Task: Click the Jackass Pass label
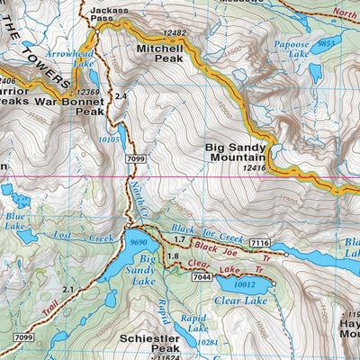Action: coord(110,12)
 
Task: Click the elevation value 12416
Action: coord(256,167)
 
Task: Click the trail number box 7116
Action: coord(260,243)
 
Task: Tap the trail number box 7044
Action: coord(200,278)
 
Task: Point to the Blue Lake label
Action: coord(15,221)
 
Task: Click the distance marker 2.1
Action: coord(69,288)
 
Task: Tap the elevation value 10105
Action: coord(109,139)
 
